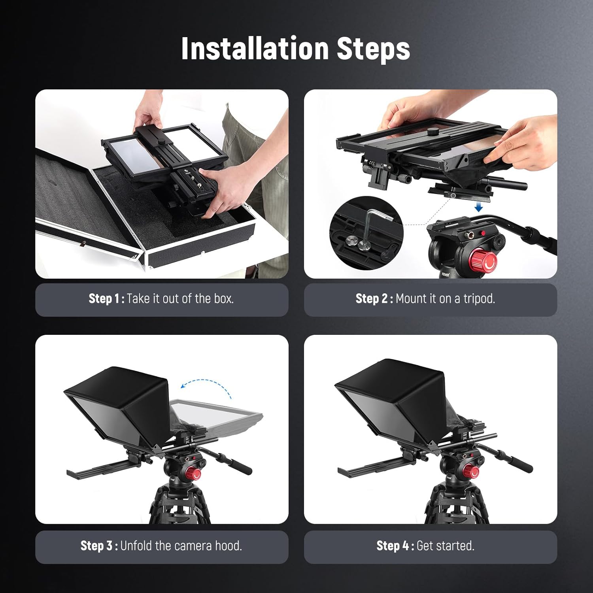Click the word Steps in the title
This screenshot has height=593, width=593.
click(x=373, y=49)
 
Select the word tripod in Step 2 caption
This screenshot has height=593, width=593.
click(x=479, y=298)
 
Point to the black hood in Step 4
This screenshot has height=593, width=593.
click(x=387, y=380)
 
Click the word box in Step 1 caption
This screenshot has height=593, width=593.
click(x=224, y=298)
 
